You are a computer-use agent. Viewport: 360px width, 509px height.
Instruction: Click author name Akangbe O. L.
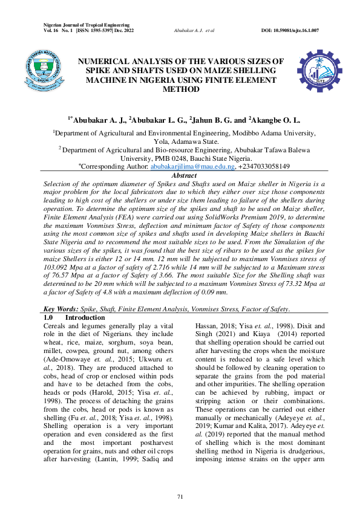tap(268, 121)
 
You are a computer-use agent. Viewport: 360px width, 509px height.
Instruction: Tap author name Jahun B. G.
tap(215, 121)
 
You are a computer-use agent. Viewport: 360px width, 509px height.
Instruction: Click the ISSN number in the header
tap(97, 30)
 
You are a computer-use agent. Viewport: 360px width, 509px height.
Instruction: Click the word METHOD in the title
tap(182, 89)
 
